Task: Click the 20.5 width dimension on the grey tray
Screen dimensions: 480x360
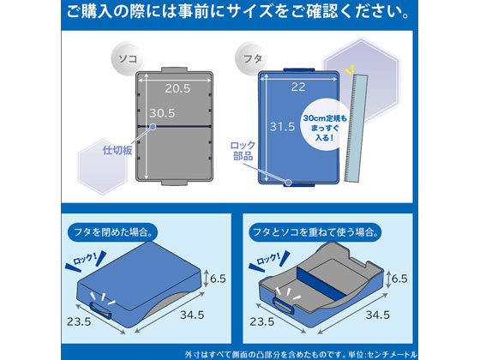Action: pos(177,88)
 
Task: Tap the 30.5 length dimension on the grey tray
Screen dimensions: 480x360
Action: pos(162,113)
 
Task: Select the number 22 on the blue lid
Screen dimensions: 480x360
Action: pos(298,87)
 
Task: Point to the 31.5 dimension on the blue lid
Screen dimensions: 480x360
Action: pos(282,127)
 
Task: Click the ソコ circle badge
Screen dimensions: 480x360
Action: pos(128,58)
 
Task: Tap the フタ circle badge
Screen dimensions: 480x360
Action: pos(252,58)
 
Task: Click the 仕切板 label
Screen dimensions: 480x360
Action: pos(117,150)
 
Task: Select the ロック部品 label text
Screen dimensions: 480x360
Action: pos(243,151)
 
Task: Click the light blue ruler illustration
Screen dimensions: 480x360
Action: pos(356,128)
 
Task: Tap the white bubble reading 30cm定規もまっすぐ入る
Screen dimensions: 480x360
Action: pos(325,128)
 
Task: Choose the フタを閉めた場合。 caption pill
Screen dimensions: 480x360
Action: pos(112,231)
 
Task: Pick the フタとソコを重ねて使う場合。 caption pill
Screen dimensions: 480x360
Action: pos(315,231)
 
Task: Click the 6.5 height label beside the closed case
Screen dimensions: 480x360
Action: pos(218,279)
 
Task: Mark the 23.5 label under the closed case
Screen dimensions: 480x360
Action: pos(79,321)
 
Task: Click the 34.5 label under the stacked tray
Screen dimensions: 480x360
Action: pos(378,315)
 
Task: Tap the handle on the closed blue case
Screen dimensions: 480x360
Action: pos(101,310)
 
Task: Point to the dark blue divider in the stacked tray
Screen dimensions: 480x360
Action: pos(322,282)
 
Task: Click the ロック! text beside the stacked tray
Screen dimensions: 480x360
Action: pos(268,259)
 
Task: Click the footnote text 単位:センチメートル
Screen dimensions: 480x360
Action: pos(382,355)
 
